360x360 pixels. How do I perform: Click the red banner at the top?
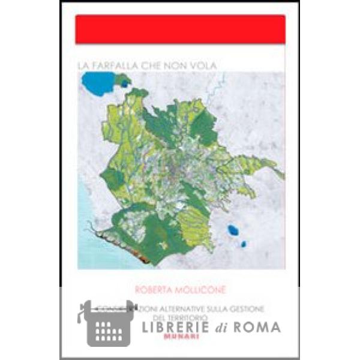click(x=180, y=29)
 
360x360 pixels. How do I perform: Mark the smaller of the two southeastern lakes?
click(x=243, y=244)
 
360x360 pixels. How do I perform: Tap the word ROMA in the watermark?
click(x=259, y=327)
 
